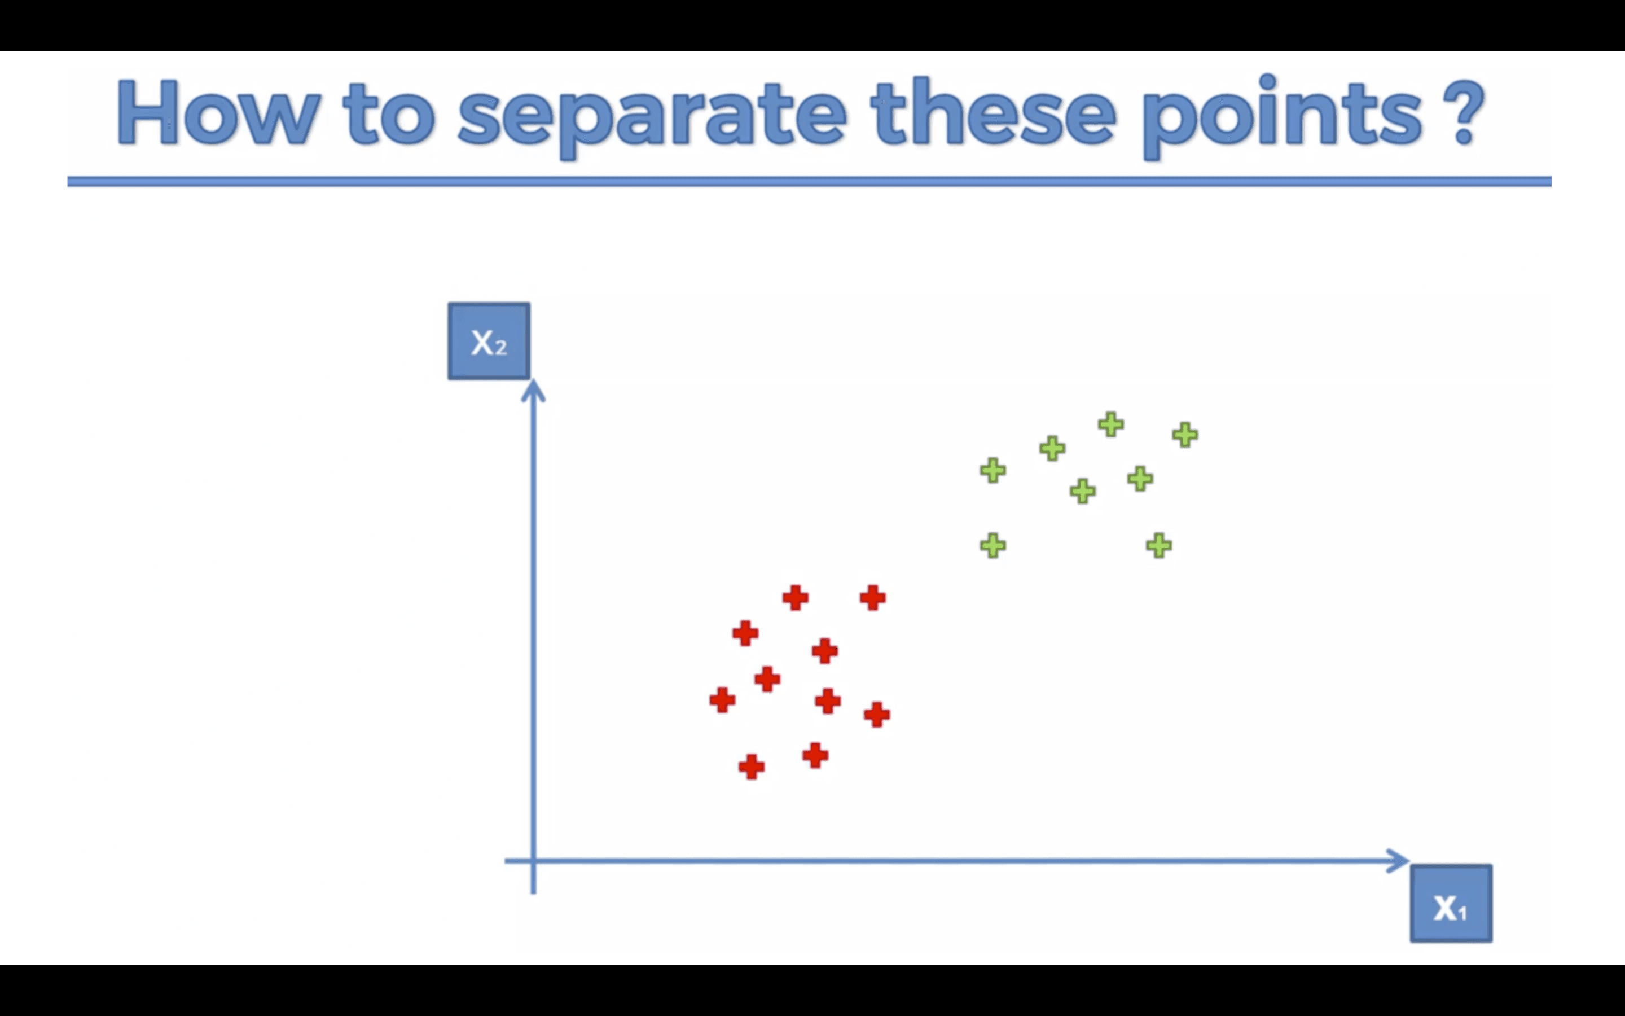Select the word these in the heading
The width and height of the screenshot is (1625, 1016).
click(x=992, y=112)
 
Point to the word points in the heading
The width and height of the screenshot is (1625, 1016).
click(x=1281, y=114)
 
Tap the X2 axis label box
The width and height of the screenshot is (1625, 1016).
click(x=489, y=341)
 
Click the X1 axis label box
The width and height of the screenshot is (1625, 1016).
click(x=1451, y=904)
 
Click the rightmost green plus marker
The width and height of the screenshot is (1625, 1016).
click(x=1185, y=435)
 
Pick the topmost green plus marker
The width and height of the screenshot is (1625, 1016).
click(x=1110, y=424)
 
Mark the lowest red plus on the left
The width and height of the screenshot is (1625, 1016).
click(x=752, y=767)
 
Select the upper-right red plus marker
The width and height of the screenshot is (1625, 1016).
click(x=872, y=597)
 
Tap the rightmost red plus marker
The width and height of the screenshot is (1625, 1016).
click(x=877, y=714)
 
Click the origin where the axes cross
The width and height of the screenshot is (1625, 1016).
click(x=533, y=860)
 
